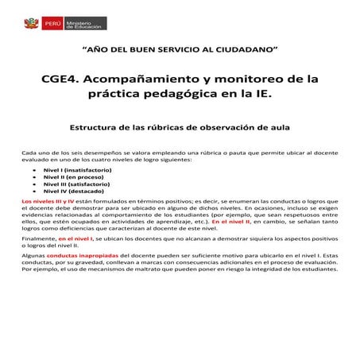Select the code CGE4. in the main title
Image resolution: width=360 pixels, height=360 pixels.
click(65, 79)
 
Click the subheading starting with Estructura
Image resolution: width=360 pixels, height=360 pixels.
click(180, 127)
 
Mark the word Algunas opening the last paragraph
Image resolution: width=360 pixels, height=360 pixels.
click(33, 254)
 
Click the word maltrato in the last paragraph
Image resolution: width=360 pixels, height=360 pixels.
click(156, 269)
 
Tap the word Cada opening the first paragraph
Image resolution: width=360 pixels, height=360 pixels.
click(28, 151)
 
